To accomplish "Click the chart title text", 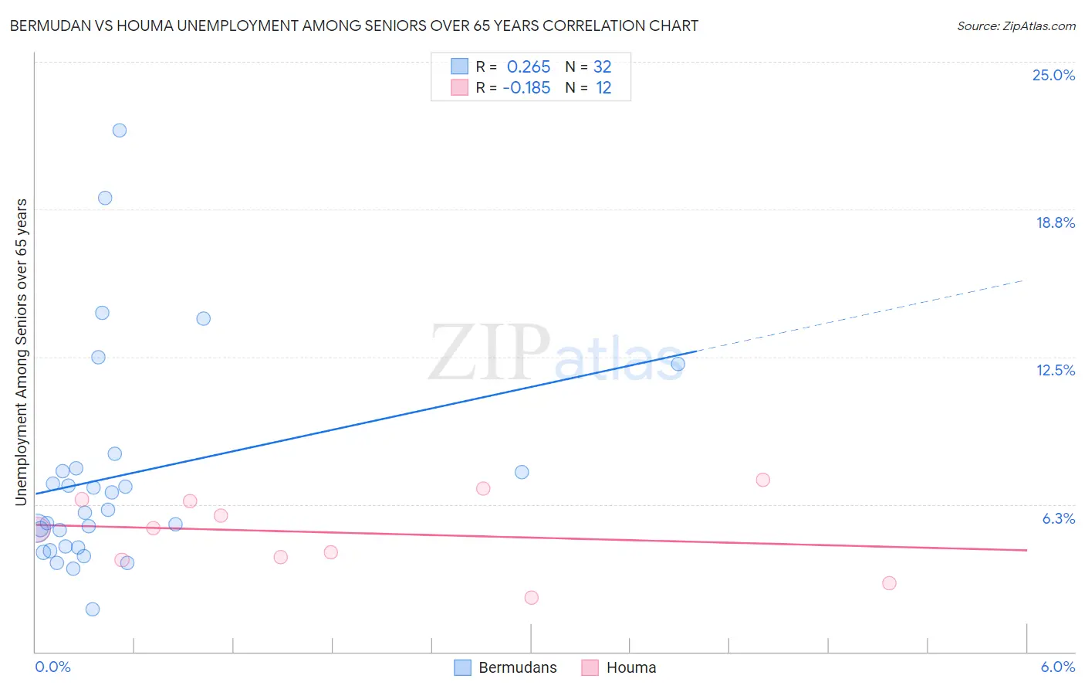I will [x=353, y=25].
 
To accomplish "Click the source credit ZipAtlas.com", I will [x=1016, y=25].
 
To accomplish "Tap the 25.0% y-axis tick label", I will [x=1053, y=75].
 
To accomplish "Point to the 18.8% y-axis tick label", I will [x=1055, y=222].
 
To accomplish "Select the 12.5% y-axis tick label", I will [x=1055, y=370].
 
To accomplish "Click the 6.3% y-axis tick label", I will [x=1058, y=518].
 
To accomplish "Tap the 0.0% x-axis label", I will [x=52, y=667].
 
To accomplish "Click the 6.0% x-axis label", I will [x=1057, y=667].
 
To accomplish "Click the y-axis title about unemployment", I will [x=21, y=352].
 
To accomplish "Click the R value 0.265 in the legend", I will [x=529, y=67].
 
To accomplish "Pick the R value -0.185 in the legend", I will [x=526, y=88].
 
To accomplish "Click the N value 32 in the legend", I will [x=602, y=67].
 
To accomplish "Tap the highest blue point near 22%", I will [x=120, y=130].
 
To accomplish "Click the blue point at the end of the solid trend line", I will [x=678, y=364].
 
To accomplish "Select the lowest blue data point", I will [x=93, y=609].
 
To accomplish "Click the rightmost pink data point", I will [x=889, y=583].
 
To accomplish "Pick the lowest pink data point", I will [x=531, y=597].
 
